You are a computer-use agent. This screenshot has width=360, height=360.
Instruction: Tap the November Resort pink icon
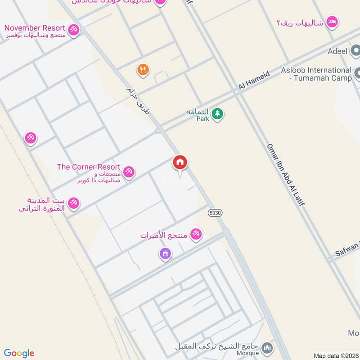click(x=74, y=30)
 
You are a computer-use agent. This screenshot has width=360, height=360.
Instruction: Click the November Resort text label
click(x=35, y=28)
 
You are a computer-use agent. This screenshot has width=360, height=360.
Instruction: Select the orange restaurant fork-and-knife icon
click(x=143, y=69)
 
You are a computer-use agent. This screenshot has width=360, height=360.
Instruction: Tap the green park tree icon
click(x=217, y=114)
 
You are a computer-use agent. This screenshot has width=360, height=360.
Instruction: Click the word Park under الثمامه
click(x=202, y=119)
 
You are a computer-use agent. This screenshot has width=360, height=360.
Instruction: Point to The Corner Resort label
click(x=89, y=167)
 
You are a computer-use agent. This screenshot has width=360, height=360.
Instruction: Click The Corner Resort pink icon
click(x=129, y=171)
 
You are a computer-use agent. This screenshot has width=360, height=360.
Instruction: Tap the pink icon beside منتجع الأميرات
click(x=196, y=234)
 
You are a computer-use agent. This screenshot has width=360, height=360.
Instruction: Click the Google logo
click(x=19, y=353)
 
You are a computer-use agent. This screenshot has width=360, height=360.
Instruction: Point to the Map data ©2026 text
click(x=336, y=356)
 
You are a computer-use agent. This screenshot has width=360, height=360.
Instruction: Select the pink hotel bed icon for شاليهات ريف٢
click(x=332, y=22)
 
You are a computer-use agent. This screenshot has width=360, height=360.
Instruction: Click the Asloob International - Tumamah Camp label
click(x=316, y=74)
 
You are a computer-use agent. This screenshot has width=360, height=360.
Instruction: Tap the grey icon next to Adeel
click(x=356, y=50)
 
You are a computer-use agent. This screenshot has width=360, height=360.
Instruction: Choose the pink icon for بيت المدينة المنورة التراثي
click(x=74, y=203)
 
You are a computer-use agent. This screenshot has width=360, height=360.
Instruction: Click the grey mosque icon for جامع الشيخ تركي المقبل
click(x=267, y=348)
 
